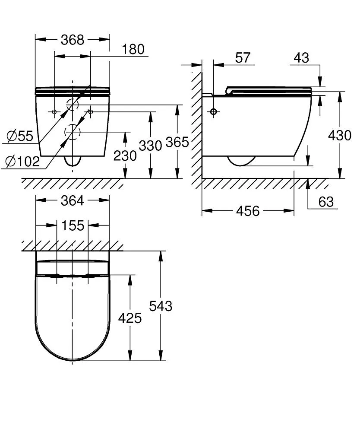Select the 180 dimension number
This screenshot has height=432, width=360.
pyautogui.click(x=133, y=49)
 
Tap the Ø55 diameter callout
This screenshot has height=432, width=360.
pyautogui.click(x=20, y=136)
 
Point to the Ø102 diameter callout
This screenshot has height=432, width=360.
pyautogui.click(x=22, y=162)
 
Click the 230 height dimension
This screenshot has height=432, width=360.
pyautogui.click(x=125, y=156)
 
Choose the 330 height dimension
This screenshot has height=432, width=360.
pyautogui.click(x=150, y=146)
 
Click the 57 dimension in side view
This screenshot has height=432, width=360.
pyautogui.click(x=243, y=57)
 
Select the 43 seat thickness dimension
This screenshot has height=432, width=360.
pyautogui.click(x=301, y=57)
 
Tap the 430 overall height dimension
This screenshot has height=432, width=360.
pyautogui.click(x=339, y=135)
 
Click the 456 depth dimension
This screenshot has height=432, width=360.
pyautogui.click(x=248, y=211)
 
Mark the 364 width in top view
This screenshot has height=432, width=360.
pyautogui.click(x=72, y=200)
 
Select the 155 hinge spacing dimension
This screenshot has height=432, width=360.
pyautogui.click(x=72, y=225)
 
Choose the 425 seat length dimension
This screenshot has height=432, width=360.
pyautogui.click(x=129, y=318)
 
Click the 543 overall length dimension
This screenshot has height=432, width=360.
pyautogui.click(x=160, y=306)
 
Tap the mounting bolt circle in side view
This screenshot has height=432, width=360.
pyautogui.click(x=213, y=112)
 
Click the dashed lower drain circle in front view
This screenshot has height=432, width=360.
pyautogui.click(x=72, y=132)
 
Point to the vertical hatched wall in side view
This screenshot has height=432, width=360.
pyautogui.click(x=196, y=125)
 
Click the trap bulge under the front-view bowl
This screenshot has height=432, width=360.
pyautogui.click(x=72, y=161)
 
